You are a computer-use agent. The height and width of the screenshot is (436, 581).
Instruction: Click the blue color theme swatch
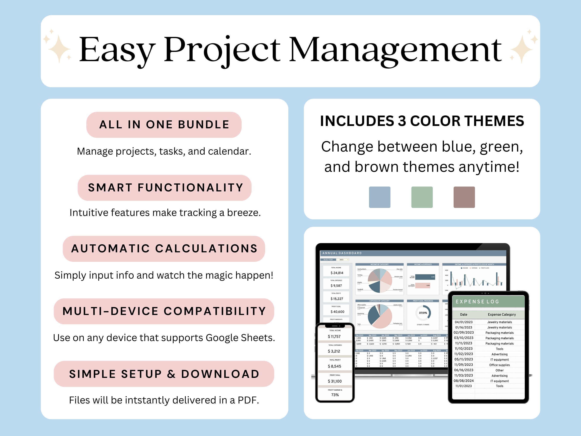[x=380, y=197]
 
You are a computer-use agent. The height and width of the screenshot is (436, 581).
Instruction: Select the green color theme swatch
[x=422, y=197]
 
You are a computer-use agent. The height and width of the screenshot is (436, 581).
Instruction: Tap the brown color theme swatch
[x=464, y=197]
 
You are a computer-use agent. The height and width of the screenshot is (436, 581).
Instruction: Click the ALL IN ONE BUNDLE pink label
[x=164, y=125]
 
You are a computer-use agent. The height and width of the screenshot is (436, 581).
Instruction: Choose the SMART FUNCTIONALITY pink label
[x=165, y=188]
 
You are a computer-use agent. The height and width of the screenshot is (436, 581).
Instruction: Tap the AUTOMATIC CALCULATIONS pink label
[x=164, y=249]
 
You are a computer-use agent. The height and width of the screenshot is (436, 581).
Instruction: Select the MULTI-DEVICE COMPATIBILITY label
[x=164, y=311]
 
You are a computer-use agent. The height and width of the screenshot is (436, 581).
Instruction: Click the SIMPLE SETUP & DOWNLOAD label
[x=164, y=374]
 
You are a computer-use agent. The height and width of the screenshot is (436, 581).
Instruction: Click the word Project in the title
[x=222, y=50]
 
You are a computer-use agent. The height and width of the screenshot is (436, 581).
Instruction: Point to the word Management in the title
[x=395, y=50]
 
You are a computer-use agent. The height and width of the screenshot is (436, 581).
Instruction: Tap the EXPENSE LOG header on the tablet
[x=477, y=302]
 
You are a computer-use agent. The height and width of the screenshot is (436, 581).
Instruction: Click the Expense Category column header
[x=502, y=314]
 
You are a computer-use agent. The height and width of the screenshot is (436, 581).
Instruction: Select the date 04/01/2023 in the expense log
[x=464, y=322]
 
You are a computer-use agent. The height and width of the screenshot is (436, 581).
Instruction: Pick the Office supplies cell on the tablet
[x=499, y=365]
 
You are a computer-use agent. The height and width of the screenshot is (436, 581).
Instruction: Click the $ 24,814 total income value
[x=337, y=273]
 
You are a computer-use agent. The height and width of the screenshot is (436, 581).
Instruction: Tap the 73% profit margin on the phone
[x=335, y=395]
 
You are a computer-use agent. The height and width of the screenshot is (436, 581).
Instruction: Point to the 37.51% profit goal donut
[x=423, y=313]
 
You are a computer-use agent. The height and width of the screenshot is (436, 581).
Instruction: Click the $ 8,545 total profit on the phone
[x=334, y=366]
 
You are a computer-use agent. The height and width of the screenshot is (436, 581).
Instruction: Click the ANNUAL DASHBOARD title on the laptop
[x=342, y=253]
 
